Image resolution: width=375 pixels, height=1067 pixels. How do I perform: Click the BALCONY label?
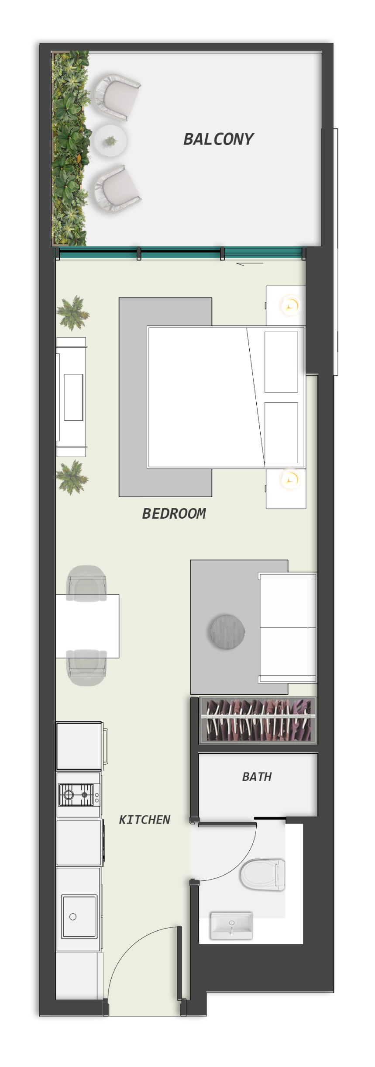(218, 139)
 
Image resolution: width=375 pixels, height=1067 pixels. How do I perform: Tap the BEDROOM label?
(174, 513)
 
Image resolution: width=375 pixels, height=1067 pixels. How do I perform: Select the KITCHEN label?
(144, 819)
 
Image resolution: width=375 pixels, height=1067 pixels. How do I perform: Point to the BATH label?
(257, 776)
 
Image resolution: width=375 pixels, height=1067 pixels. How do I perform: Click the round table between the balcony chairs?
(110, 141)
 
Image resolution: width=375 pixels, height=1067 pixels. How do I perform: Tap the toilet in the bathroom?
(262, 874)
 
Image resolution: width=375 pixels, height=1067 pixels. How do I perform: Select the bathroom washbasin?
(231, 925)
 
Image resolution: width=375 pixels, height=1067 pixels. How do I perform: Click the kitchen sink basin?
(79, 916)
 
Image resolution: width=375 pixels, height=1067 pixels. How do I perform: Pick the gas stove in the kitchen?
(79, 794)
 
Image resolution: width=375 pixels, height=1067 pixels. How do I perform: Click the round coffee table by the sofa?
(227, 632)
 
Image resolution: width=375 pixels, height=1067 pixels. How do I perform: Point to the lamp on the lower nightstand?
(290, 480)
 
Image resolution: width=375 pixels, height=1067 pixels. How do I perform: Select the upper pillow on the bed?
(282, 362)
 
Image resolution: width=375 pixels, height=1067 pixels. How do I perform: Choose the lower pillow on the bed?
(282, 433)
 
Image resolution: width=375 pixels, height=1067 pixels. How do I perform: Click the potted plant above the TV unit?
(73, 312)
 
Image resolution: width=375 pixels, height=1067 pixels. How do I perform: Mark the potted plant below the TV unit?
(72, 478)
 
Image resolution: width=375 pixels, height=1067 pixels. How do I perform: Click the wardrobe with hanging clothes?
(258, 720)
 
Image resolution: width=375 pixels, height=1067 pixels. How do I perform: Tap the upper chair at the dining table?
(86, 582)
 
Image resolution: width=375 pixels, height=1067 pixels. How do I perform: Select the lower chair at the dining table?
(86, 668)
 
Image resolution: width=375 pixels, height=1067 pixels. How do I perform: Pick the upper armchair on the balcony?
(116, 97)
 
